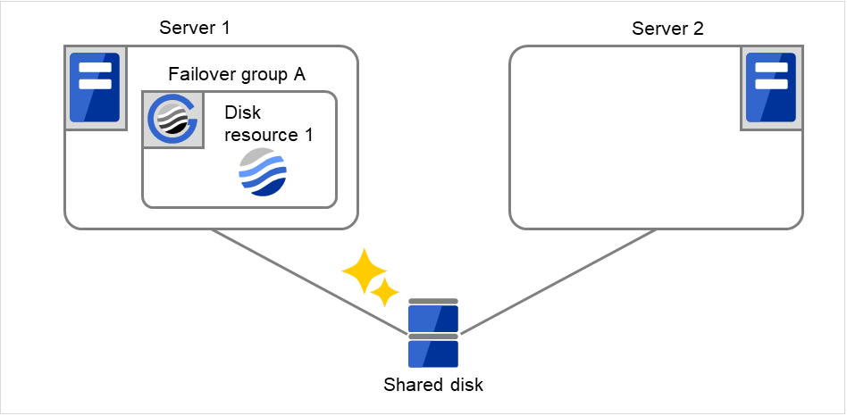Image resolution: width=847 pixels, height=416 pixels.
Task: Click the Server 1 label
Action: [x=195, y=28]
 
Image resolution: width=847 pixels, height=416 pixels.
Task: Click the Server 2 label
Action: [x=667, y=28]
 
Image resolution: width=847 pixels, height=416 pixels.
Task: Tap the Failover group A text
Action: [x=237, y=74]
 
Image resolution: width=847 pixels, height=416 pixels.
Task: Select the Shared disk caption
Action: [x=433, y=386]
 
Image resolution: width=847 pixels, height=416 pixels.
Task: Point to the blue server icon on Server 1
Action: [x=95, y=86]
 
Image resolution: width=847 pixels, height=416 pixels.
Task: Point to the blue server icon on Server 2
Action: [x=771, y=86]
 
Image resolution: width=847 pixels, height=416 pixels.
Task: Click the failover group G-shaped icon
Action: [x=172, y=119]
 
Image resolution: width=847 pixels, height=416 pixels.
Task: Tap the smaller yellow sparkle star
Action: [x=385, y=292]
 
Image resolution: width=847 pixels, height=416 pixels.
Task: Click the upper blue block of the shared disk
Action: [x=433, y=319]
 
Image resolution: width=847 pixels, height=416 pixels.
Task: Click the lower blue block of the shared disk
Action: [x=433, y=354]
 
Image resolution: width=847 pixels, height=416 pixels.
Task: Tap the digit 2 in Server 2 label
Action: [x=698, y=28]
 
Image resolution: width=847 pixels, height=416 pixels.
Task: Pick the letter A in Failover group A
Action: [x=299, y=74]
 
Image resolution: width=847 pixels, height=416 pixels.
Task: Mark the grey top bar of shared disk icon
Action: [x=433, y=302]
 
